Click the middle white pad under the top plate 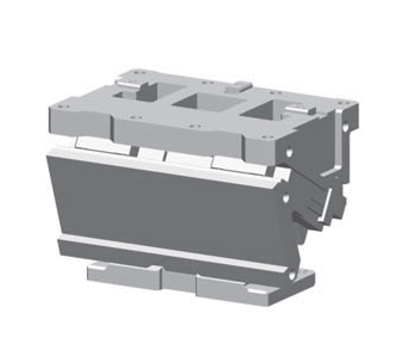click(180, 158)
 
